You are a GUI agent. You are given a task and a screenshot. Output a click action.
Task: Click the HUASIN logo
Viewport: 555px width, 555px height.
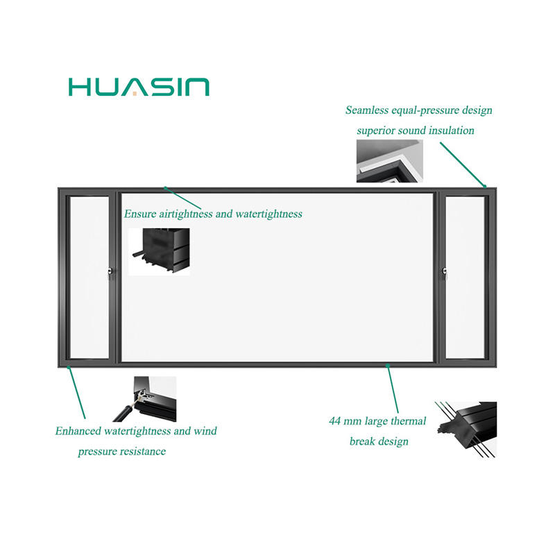click(139, 87)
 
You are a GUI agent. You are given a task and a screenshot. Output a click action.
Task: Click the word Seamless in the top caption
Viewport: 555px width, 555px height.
click(370, 110)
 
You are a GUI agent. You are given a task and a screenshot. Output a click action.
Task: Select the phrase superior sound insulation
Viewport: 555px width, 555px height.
click(416, 130)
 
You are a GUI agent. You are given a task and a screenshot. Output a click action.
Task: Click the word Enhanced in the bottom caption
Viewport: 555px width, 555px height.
click(78, 431)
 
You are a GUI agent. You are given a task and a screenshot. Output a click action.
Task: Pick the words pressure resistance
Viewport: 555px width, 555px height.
click(121, 452)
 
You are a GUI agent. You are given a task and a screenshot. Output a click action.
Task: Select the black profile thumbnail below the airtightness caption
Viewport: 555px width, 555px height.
click(159, 251)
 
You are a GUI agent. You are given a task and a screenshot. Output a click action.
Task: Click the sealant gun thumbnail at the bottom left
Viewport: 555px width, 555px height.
click(144, 399)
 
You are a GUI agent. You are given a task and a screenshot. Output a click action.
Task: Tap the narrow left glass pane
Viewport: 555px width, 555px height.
click(89, 277)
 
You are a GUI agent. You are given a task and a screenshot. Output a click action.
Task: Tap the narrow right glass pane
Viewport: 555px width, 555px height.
click(465, 277)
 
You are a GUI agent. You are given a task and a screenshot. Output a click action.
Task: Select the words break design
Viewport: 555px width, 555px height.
click(379, 441)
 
